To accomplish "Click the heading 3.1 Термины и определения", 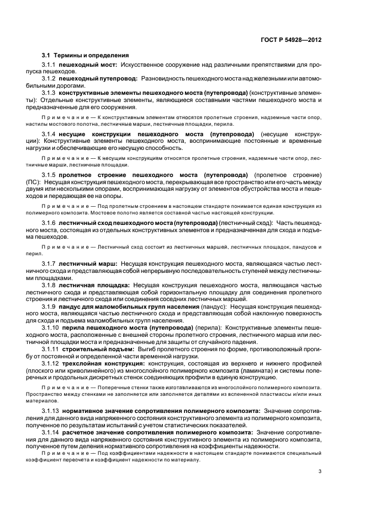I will pyautogui.click(x=85, y=55).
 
